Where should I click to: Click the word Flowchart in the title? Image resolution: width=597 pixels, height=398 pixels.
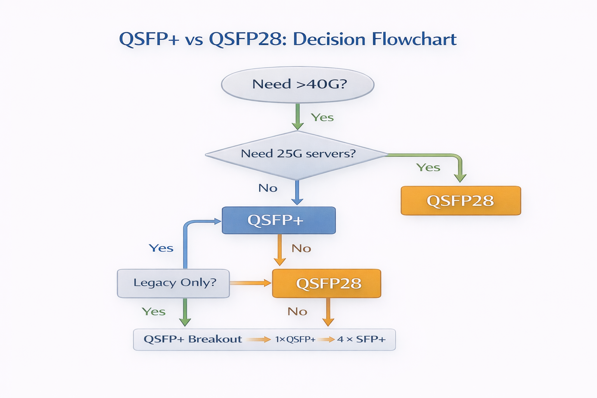click(414, 39)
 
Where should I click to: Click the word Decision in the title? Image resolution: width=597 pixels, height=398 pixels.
click(329, 39)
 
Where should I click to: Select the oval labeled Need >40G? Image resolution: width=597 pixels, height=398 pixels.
click(298, 84)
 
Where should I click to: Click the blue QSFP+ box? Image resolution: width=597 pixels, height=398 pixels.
click(278, 220)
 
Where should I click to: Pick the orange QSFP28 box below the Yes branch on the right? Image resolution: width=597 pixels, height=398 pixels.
click(461, 201)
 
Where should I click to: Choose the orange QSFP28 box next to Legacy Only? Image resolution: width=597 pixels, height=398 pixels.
click(326, 283)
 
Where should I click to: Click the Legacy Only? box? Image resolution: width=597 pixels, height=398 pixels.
click(174, 283)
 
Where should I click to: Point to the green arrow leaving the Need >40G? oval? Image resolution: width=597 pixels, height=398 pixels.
click(298, 116)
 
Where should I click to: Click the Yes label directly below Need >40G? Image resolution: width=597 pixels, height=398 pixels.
click(322, 117)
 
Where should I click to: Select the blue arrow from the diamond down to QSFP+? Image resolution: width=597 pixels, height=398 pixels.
click(297, 193)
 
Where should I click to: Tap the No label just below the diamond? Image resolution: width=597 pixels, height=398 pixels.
click(268, 188)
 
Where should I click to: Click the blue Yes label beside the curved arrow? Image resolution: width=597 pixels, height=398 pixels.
click(161, 248)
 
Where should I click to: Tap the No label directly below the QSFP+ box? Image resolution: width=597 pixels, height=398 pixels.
click(301, 248)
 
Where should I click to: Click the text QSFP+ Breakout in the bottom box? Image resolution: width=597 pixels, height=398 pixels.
click(193, 339)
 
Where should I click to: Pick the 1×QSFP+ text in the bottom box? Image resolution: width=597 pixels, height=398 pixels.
click(295, 339)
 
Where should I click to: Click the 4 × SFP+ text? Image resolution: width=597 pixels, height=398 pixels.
click(361, 339)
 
